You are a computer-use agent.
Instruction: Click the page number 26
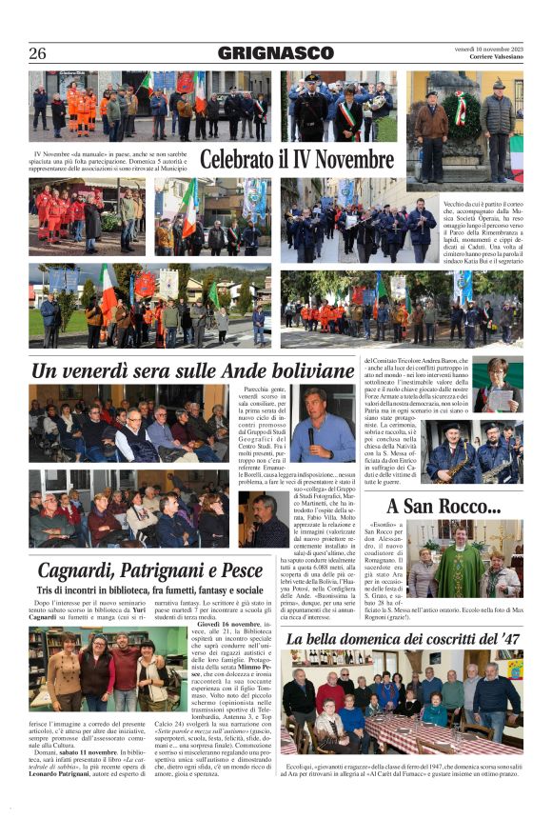[37, 53]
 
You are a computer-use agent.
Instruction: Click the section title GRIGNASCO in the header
[275, 53]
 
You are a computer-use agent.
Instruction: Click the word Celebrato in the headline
[241, 159]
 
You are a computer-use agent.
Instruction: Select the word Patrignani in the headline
[157, 570]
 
